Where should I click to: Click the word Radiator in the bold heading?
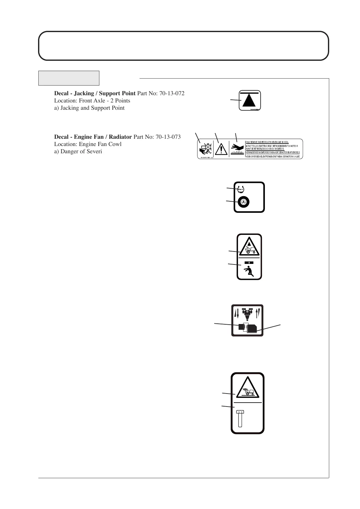click(120, 137)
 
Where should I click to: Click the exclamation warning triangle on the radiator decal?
click(221, 149)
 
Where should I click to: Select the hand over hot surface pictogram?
click(237, 148)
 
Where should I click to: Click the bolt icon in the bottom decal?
click(240, 418)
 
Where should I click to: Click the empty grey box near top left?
click(69, 78)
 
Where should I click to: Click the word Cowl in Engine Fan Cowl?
click(115, 144)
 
